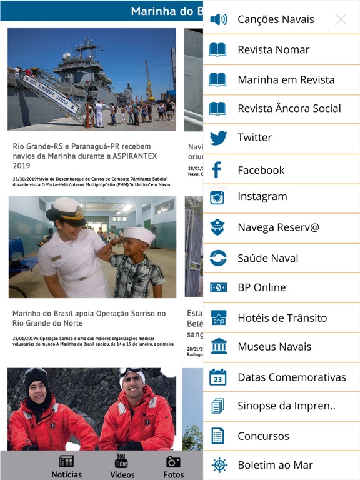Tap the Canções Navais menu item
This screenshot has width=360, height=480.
[276, 19]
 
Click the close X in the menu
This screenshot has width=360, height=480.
[341, 19]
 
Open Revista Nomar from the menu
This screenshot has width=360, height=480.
[273, 50]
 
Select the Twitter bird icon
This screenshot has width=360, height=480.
[218, 137]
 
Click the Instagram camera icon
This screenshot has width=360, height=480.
[217, 197]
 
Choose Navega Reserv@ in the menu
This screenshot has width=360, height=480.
[278, 227]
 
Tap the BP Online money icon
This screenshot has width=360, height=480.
[218, 287]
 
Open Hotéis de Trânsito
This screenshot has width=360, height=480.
[282, 318]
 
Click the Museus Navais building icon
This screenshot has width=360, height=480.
[219, 346]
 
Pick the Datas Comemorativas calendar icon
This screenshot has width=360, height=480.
[218, 377]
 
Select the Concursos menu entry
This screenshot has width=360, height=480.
[263, 436]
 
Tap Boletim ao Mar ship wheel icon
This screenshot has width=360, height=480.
[219, 465]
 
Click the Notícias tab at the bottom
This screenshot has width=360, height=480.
[66, 466]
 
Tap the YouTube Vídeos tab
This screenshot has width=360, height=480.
[122, 466]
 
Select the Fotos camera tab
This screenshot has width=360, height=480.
[173, 466]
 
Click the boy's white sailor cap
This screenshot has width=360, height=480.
[139, 236]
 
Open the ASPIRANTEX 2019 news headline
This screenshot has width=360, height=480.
[82, 156]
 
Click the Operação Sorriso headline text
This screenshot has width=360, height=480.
[89, 318]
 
